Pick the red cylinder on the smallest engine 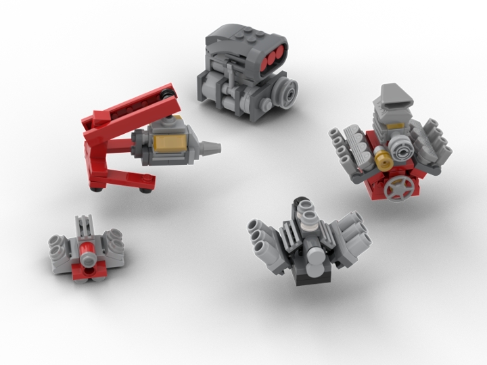pyautogui.click(x=87, y=256)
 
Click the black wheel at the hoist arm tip pyautogui.click(x=168, y=93)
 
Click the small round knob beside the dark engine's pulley pyautogui.click(x=268, y=105)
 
